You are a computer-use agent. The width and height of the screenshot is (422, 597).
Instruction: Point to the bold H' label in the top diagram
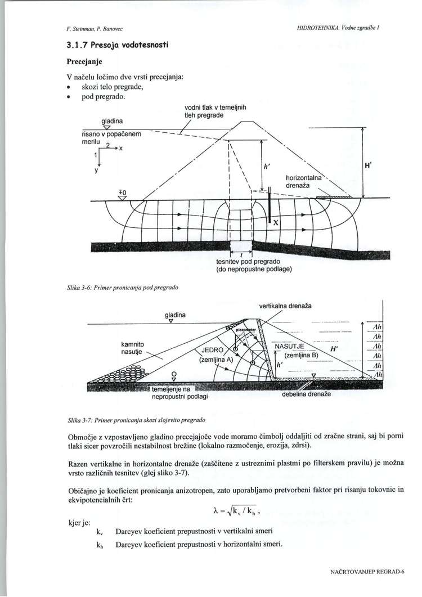pyautogui.click(x=370, y=168)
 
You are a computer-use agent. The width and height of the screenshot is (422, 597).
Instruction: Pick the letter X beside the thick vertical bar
pyautogui.click(x=276, y=223)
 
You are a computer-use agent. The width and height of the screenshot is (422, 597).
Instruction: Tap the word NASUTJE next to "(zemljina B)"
pyautogui.click(x=289, y=346)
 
